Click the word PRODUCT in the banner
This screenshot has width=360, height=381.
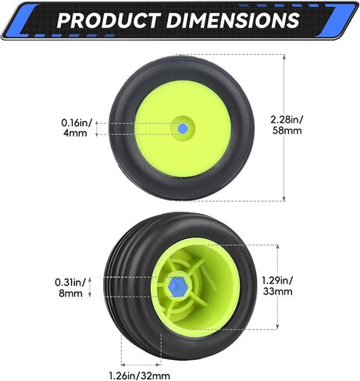[109, 20]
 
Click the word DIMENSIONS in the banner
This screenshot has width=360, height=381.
[233, 20]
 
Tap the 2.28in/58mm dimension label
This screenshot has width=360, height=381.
[287, 125]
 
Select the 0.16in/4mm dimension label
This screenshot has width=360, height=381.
[77, 128]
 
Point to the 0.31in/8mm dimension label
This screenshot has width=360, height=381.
[70, 287]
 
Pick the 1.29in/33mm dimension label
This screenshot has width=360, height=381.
[277, 286]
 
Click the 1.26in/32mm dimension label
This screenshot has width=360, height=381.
[140, 376]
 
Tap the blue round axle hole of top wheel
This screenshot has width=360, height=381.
[183, 128]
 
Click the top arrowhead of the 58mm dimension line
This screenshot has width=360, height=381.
[284, 57]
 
